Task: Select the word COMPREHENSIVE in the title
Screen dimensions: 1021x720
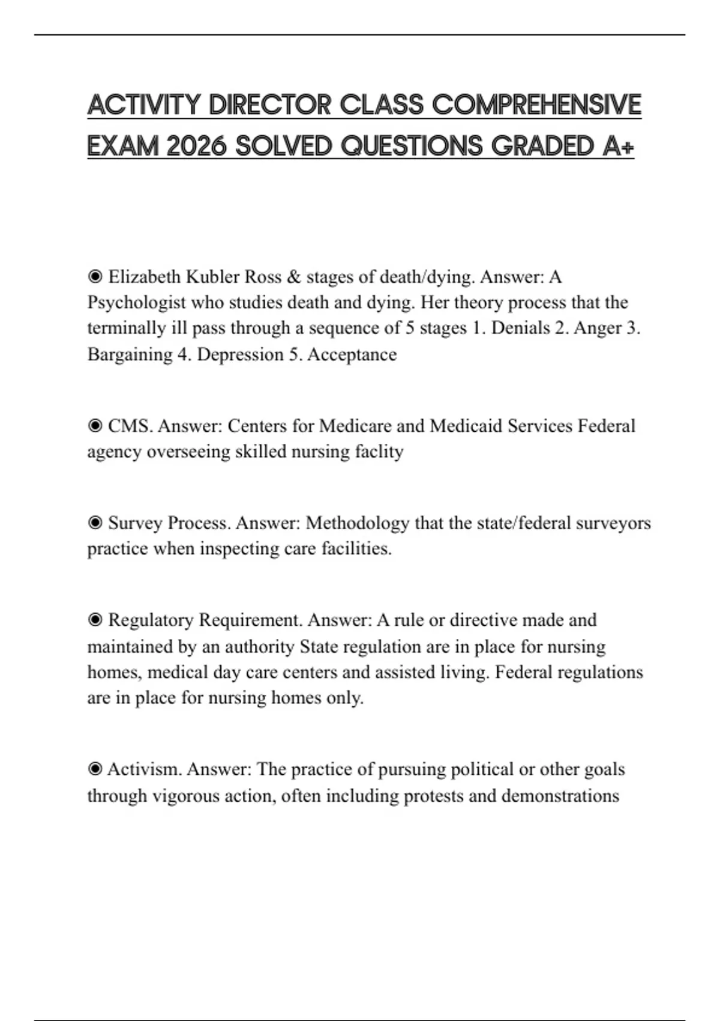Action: click(536, 105)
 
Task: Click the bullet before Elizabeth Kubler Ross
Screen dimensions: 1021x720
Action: click(95, 277)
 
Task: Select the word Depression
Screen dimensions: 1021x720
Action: click(240, 354)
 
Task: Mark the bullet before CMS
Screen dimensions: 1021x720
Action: click(95, 426)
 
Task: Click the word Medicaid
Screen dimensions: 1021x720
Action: click(466, 426)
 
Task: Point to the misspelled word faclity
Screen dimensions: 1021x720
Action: click(379, 452)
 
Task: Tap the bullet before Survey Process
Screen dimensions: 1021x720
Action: click(95, 523)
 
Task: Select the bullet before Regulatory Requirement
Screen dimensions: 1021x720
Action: click(95, 620)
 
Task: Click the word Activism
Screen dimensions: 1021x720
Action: click(144, 769)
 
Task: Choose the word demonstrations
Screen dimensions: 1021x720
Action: click(560, 796)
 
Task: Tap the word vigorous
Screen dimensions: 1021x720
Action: click(186, 796)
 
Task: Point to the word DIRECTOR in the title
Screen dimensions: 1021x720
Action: click(270, 105)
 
